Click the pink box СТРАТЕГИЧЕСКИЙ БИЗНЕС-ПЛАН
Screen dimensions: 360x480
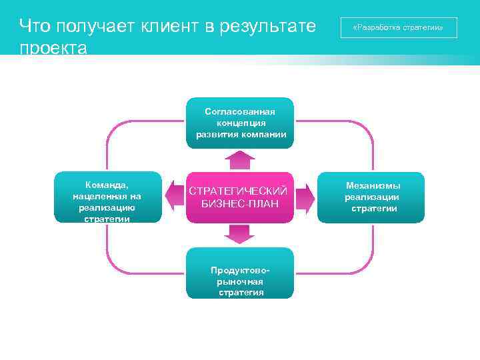pyautogui.click(x=240, y=197)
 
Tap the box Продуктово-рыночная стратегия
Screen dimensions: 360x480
pyautogui.click(x=240, y=273)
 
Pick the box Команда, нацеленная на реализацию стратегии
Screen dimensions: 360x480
pyautogui.click(x=107, y=197)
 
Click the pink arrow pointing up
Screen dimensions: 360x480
pyautogui.click(x=240, y=160)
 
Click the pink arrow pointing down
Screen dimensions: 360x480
pyautogui.click(x=240, y=234)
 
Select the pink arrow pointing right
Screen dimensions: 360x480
pyautogui.click(x=305, y=197)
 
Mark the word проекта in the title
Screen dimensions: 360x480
pyautogui.click(x=53, y=49)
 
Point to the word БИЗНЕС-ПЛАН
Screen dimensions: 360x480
pyautogui.click(x=240, y=203)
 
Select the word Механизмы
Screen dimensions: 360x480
pyautogui.click(x=373, y=186)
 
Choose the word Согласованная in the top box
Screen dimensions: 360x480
pyautogui.click(x=240, y=111)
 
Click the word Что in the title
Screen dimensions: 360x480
pyautogui.click(x=35, y=27)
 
